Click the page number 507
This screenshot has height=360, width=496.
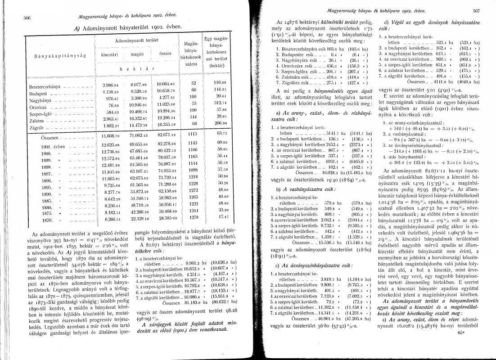pos(476,9)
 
